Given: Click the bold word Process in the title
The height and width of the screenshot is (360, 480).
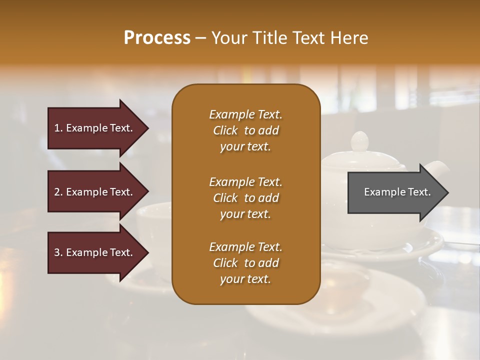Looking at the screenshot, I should pyautogui.click(x=157, y=38).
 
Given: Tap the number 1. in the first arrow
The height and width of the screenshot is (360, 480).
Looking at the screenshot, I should pyautogui.click(x=58, y=128).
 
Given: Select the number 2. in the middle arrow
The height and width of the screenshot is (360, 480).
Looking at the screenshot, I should pyautogui.click(x=58, y=192).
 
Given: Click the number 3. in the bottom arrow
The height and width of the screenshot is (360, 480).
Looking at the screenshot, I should pyautogui.click(x=58, y=252).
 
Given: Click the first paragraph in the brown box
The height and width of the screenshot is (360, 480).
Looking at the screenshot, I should pyautogui.click(x=245, y=130).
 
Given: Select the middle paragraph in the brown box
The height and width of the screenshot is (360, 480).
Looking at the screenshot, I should pyautogui.click(x=245, y=197).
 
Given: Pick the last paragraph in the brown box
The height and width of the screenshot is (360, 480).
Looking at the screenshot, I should pyautogui.click(x=245, y=263).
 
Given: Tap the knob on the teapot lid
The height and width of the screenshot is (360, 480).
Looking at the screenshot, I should pyautogui.click(x=360, y=140).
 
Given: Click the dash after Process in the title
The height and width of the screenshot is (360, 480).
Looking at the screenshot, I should pyautogui.click(x=200, y=38).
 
